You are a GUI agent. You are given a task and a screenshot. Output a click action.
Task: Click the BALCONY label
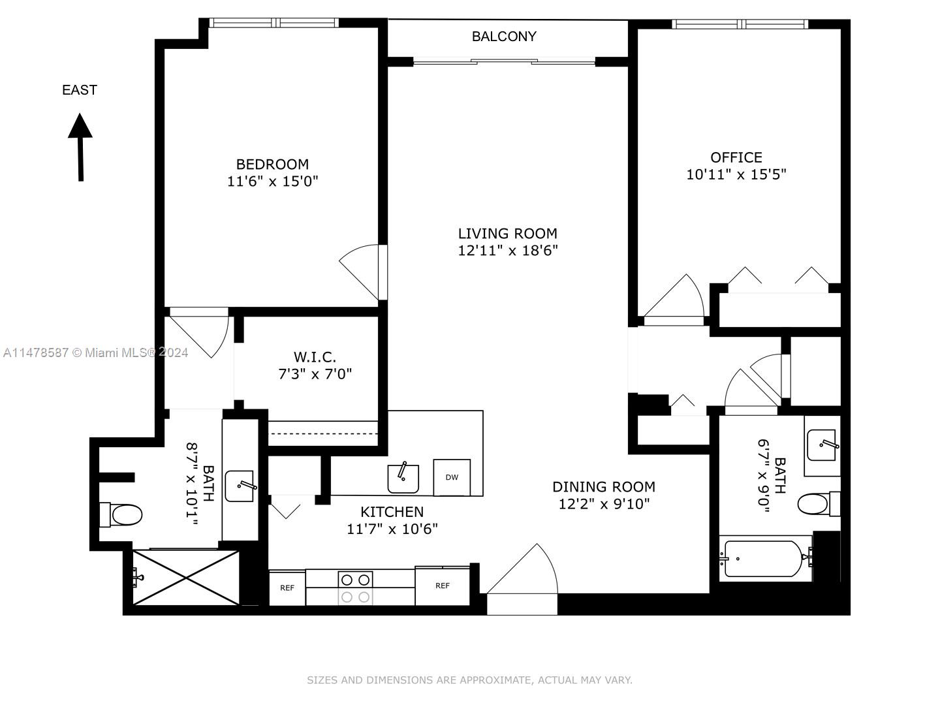pyautogui.click(x=504, y=37)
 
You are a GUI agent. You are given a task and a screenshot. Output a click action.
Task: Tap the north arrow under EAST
pyautogui.click(x=80, y=147)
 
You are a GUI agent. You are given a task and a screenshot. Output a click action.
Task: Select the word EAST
pyautogui.click(x=80, y=90)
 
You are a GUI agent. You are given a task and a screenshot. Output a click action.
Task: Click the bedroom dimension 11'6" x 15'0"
pyautogui.click(x=272, y=181)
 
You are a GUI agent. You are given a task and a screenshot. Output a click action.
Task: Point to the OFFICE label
pyautogui.click(x=736, y=157)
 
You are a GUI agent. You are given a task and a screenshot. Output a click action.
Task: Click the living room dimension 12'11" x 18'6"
pyautogui.click(x=507, y=251)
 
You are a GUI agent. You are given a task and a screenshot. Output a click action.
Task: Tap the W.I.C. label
pyautogui.click(x=315, y=357)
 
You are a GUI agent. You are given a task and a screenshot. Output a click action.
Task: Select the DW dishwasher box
pyautogui.click(x=452, y=478)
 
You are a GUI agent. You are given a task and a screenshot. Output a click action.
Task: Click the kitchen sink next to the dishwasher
pyautogui.click(x=403, y=478)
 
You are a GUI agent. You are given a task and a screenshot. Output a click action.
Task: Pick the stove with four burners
pyautogui.click(x=355, y=587)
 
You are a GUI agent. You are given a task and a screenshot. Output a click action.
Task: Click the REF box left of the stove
pyautogui.click(x=287, y=588)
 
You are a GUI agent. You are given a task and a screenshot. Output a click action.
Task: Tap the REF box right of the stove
pyautogui.click(x=442, y=586)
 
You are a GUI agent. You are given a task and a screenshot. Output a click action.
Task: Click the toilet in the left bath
pyautogui.click(x=122, y=514)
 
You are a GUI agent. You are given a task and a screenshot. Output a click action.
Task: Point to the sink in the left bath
pyautogui.click(x=240, y=486)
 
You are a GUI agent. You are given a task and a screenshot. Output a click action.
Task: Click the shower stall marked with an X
pyautogui.click(x=186, y=578)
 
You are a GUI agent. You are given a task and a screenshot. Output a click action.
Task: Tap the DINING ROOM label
pyautogui.click(x=603, y=487)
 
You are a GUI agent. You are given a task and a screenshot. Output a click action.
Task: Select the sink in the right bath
pyautogui.click(x=821, y=445)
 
